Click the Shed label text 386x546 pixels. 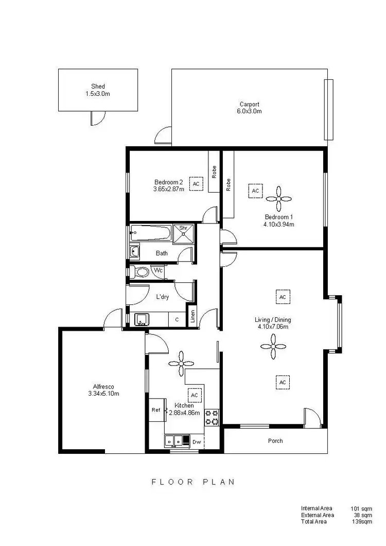click(x=98, y=87)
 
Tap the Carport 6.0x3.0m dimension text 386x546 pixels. click(x=249, y=111)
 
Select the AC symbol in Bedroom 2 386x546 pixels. click(x=196, y=183)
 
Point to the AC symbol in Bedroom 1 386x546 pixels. click(x=255, y=191)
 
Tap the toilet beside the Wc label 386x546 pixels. click(x=141, y=271)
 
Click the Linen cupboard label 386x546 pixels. click(x=192, y=315)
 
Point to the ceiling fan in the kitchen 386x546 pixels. click(x=181, y=363)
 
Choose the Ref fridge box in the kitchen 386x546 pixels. click(x=156, y=410)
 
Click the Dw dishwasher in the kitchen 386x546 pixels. click(x=197, y=441)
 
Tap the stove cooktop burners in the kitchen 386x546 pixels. click(x=212, y=417)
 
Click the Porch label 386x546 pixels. click(x=275, y=441)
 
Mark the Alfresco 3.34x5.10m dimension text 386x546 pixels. click(x=103, y=394)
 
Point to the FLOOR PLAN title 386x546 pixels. click(x=193, y=482)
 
